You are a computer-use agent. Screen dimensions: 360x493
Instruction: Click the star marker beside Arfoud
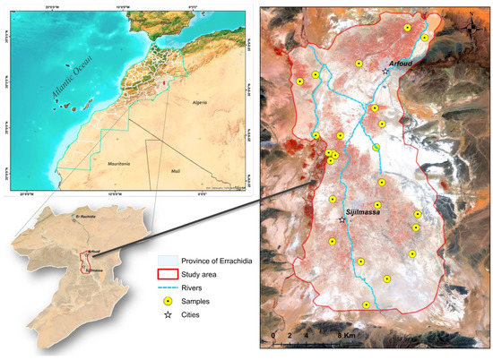click(x=385, y=72)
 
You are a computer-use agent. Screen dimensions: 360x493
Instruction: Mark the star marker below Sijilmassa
click(x=342, y=219)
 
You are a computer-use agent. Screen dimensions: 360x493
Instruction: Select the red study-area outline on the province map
click(x=86, y=261)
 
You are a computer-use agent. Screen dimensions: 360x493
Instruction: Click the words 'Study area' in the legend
click(x=198, y=274)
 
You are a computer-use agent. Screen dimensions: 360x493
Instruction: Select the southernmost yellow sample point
click(x=366, y=305)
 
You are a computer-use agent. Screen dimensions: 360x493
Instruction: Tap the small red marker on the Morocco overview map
click(x=164, y=85)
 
